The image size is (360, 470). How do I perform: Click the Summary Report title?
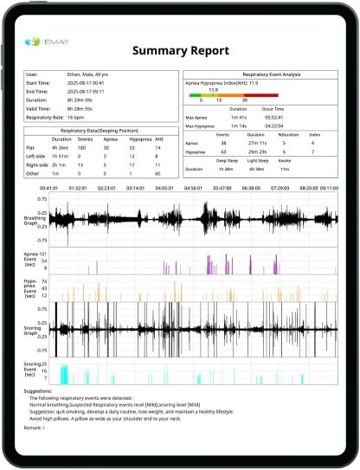(x=179, y=51)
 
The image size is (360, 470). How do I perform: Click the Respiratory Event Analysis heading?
(x=260, y=74)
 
